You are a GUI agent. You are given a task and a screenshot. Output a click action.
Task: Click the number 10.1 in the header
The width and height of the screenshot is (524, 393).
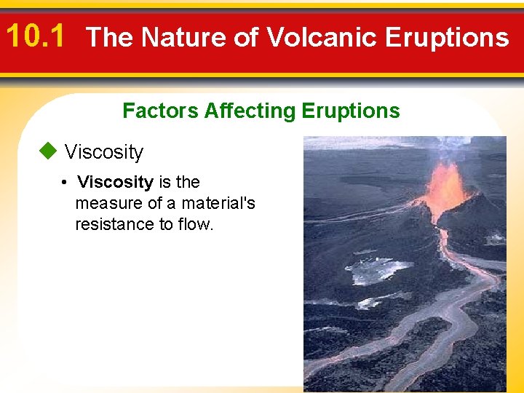click(35, 36)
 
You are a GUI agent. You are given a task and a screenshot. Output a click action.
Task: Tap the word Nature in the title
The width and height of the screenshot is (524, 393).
click(183, 36)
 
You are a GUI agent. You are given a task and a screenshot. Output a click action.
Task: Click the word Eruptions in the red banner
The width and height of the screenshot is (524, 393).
click(448, 37)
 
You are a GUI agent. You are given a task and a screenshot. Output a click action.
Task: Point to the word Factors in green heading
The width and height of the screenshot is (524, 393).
click(160, 111)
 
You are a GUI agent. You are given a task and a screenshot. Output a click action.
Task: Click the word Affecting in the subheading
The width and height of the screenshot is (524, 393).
click(250, 111)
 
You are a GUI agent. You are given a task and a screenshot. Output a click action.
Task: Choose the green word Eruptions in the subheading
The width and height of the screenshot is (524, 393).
click(351, 111)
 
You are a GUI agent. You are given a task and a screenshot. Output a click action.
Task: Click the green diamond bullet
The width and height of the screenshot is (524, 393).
click(48, 151)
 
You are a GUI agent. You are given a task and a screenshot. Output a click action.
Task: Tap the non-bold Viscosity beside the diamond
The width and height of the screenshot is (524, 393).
click(104, 152)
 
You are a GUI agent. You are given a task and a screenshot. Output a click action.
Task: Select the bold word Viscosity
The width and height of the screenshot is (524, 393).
click(115, 183)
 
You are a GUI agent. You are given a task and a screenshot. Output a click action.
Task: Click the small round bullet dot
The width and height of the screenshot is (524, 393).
click(64, 183)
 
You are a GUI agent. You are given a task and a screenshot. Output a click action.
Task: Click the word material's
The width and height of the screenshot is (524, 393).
click(218, 203)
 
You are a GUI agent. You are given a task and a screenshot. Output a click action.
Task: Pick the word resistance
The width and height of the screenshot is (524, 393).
click(115, 224)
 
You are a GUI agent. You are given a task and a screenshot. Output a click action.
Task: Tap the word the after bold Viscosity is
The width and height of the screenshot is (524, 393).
click(188, 183)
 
